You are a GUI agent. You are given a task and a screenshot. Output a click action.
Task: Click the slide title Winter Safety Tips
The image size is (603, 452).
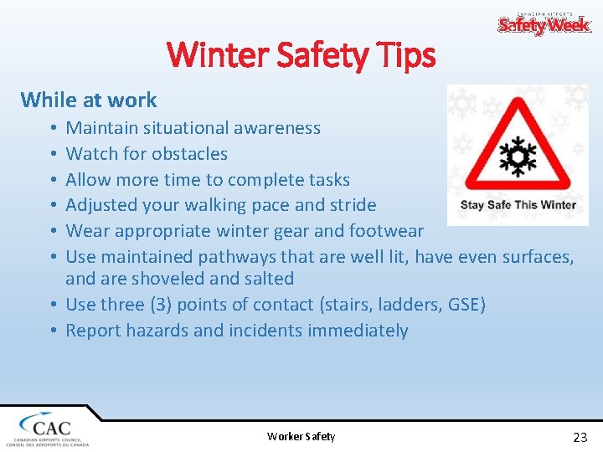(301, 55)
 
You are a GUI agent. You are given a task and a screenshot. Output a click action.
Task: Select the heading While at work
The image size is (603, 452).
(89, 100)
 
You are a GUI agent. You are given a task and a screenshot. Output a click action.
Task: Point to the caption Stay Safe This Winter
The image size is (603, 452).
(518, 205)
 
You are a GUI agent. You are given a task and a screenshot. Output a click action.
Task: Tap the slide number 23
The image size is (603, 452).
(580, 437)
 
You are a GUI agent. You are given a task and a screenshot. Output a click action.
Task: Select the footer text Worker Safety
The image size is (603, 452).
(301, 436)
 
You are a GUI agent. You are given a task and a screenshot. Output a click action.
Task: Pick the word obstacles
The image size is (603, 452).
(186, 154)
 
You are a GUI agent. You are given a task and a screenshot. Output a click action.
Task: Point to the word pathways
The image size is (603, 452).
(236, 257)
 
